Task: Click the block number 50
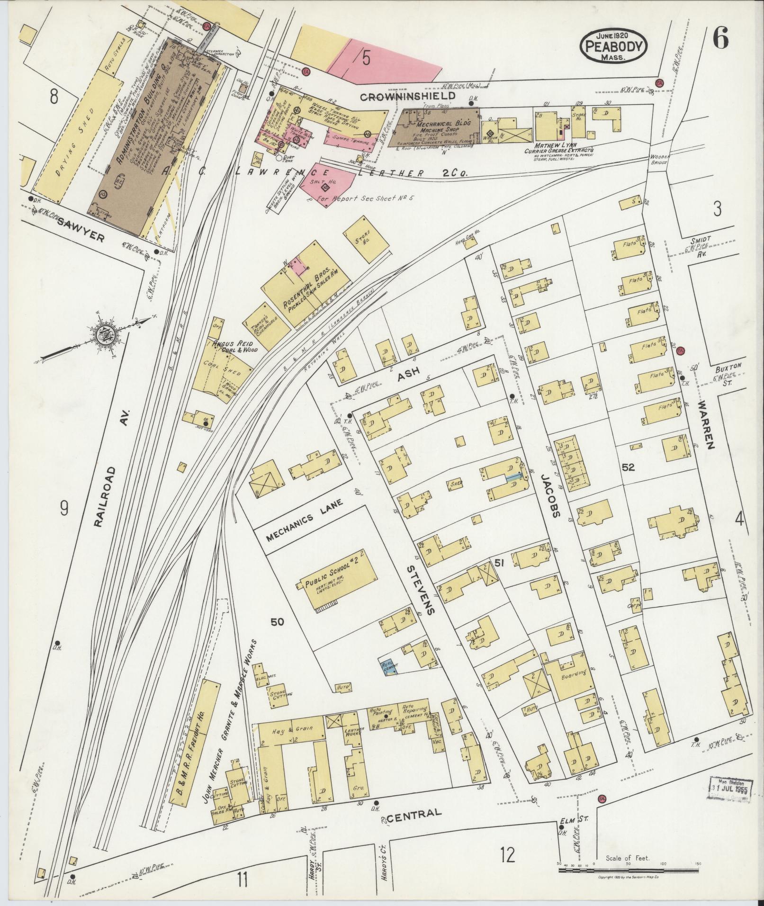tap(278, 621)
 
